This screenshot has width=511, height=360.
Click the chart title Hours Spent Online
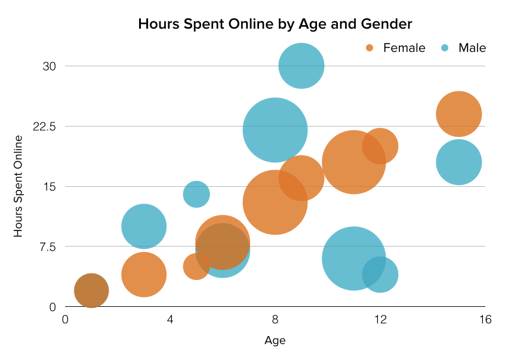click(275, 24)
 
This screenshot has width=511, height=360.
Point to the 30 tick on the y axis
click(49, 66)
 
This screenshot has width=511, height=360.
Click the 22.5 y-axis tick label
click(44, 126)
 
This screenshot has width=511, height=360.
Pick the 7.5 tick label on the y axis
click(47, 247)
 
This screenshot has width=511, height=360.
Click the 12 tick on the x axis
click(380, 321)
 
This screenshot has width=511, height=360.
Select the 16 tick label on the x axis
click(485, 321)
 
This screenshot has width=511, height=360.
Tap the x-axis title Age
click(275, 341)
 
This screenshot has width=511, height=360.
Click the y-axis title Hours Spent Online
click(19, 186)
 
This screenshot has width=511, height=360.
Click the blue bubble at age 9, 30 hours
click(301, 66)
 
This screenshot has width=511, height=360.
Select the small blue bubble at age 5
click(196, 194)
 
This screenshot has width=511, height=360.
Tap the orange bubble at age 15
click(459, 114)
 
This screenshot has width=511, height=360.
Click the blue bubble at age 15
click(459, 162)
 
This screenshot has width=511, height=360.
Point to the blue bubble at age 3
click(144, 226)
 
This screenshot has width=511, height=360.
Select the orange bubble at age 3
click(144, 275)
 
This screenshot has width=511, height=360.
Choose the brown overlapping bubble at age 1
click(91, 291)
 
